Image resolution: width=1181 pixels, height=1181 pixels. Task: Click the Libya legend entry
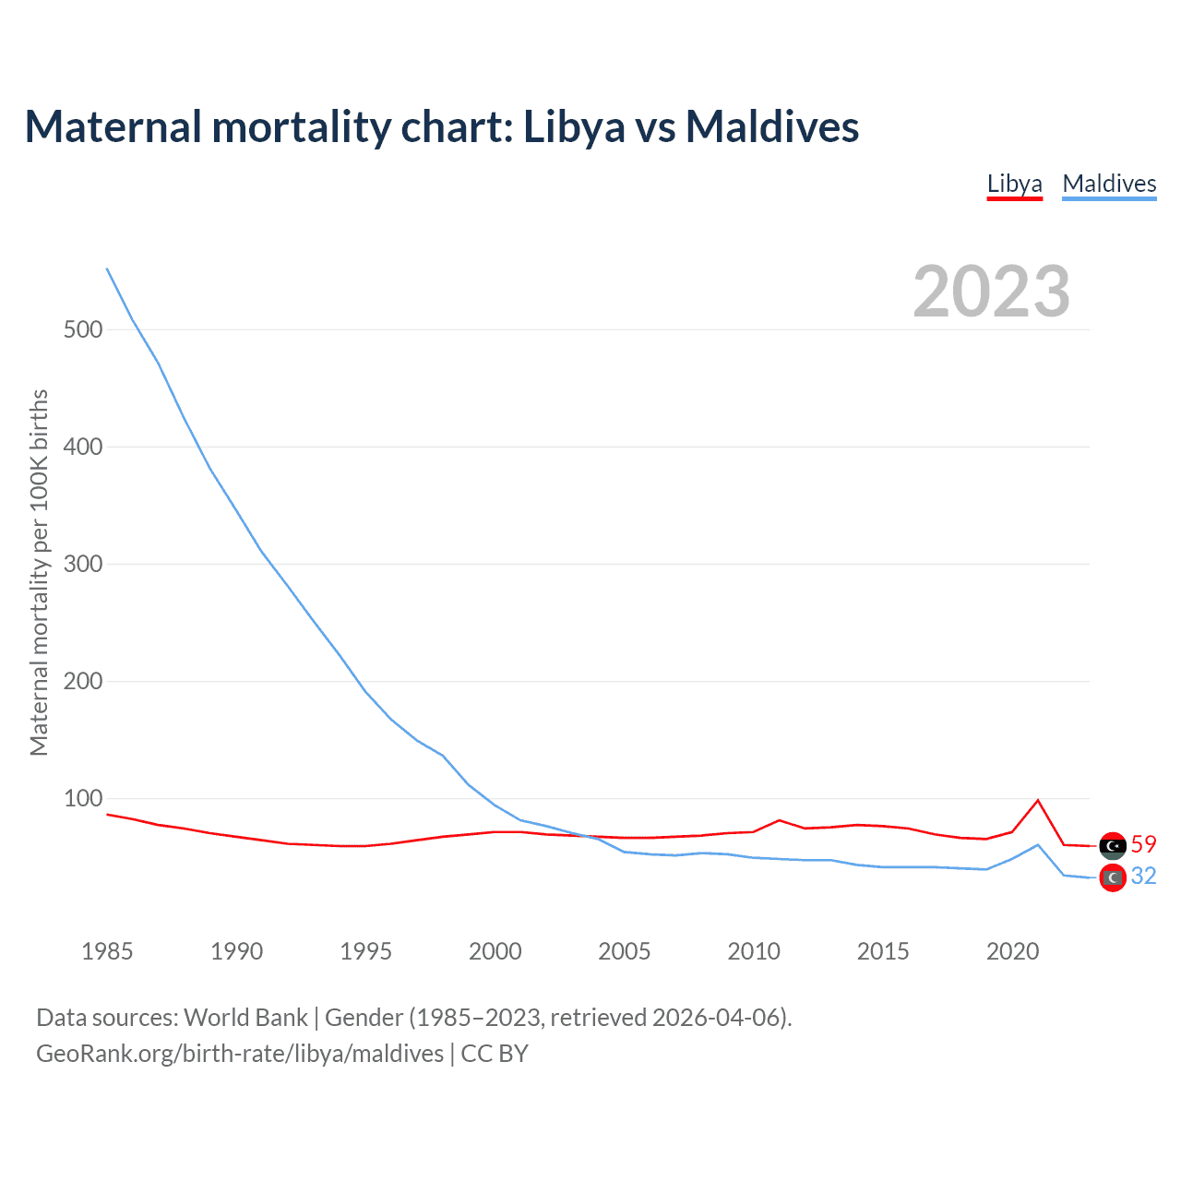(x=1014, y=184)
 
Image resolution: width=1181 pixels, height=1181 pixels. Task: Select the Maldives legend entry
(x=1109, y=184)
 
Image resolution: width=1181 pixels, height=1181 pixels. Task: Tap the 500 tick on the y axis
(x=83, y=329)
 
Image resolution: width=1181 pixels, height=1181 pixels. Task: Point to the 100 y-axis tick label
(x=83, y=798)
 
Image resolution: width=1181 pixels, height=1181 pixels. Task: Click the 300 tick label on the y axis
(x=83, y=564)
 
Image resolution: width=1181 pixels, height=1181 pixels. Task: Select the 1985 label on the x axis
(x=107, y=951)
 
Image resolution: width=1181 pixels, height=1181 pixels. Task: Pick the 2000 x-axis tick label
(x=495, y=951)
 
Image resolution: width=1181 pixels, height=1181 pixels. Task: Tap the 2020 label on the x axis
(x=1012, y=951)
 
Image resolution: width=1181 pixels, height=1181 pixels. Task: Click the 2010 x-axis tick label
(x=754, y=951)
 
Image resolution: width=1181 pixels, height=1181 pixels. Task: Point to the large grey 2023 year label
(x=992, y=292)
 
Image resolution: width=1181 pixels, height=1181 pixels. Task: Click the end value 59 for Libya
(x=1143, y=844)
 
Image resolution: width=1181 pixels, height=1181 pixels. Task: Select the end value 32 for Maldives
(x=1143, y=876)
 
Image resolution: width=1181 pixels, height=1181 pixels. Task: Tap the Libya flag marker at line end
(x=1113, y=845)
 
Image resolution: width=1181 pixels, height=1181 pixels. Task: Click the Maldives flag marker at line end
(x=1113, y=877)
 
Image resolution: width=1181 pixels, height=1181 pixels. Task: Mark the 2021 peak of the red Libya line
(x=1038, y=800)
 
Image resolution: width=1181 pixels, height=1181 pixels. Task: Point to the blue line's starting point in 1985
(x=107, y=268)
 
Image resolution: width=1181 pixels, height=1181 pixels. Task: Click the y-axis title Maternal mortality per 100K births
(x=39, y=572)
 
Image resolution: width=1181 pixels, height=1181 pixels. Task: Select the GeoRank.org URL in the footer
(x=240, y=1054)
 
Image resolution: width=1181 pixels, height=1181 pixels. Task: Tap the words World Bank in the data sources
(x=245, y=1018)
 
